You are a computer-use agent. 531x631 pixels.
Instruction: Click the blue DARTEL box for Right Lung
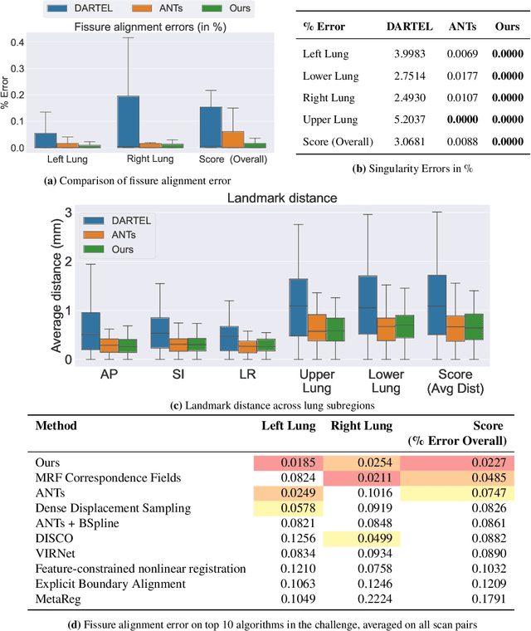[x=129, y=121]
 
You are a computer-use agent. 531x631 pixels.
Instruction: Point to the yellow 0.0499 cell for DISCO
[x=362, y=539]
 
